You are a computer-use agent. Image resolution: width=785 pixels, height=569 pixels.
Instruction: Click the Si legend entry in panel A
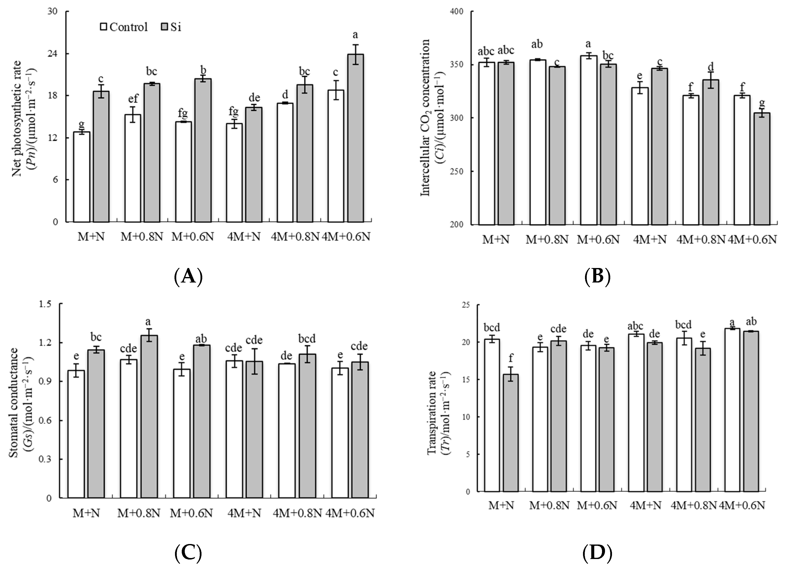(x=171, y=27)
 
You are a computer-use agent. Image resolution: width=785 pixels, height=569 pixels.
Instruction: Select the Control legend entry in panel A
(x=124, y=27)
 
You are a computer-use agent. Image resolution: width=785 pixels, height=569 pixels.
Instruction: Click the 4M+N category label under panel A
(x=244, y=237)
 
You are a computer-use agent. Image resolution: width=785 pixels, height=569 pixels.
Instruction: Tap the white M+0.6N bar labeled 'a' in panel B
(x=588, y=140)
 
